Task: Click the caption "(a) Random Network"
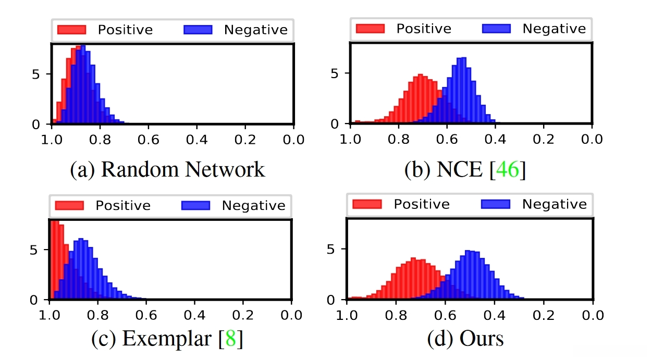pyautogui.click(x=167, y=170)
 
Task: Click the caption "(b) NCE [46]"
pyautogui.click(x=465, y=170)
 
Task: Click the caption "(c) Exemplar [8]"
pyautogui.click(x=167, y=339)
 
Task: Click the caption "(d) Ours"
pyautogui.click(x=465, y=339)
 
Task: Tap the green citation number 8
pyautogui.click(x=230, y=339)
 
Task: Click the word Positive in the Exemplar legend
pyautogui.click(x=123, y=205)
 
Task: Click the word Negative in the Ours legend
pyautogui.click(x=555, y=204)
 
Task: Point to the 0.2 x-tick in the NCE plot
pyautogui.click(x=544, y=140)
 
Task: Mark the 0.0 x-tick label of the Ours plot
pyautogui.click(x=592, y=315)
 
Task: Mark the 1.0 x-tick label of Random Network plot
pyautogui.click(x=51, y=140)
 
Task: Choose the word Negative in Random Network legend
pyautogui.click(x=255, y=30)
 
